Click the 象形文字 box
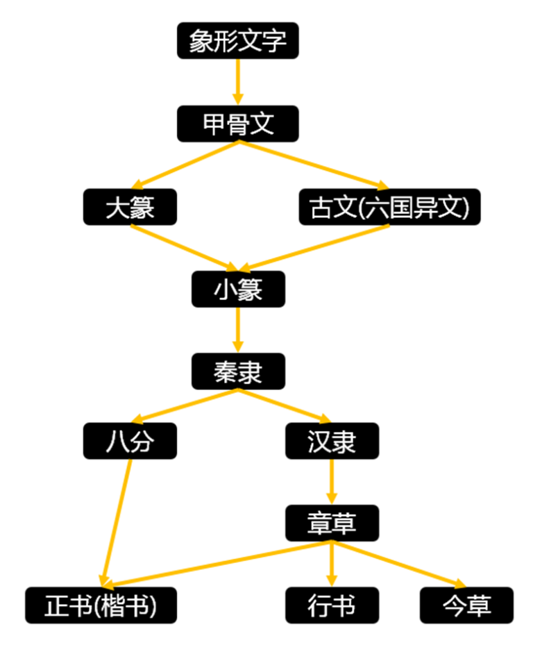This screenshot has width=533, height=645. point(237,41)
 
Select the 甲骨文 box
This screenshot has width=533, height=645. point(237,124)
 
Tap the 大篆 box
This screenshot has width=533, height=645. point(130,207)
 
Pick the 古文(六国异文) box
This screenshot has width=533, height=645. point(389,207)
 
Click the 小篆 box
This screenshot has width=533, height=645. point(237,289)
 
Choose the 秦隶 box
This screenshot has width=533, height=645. point(237,371)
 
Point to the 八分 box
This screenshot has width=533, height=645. point(130,441)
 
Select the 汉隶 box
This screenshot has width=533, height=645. point(332,441)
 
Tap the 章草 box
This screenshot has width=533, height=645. point(332,523)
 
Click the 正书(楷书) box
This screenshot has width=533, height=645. point(101,605)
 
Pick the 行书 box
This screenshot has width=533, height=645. point(332,605)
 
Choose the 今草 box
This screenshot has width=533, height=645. point(466,605)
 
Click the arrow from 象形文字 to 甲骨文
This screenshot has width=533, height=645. point(237,82)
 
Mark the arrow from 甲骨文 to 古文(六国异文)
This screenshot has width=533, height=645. point(312,165)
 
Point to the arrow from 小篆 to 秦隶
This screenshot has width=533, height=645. point(237,330)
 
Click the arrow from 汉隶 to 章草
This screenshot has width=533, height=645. point(332,481)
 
